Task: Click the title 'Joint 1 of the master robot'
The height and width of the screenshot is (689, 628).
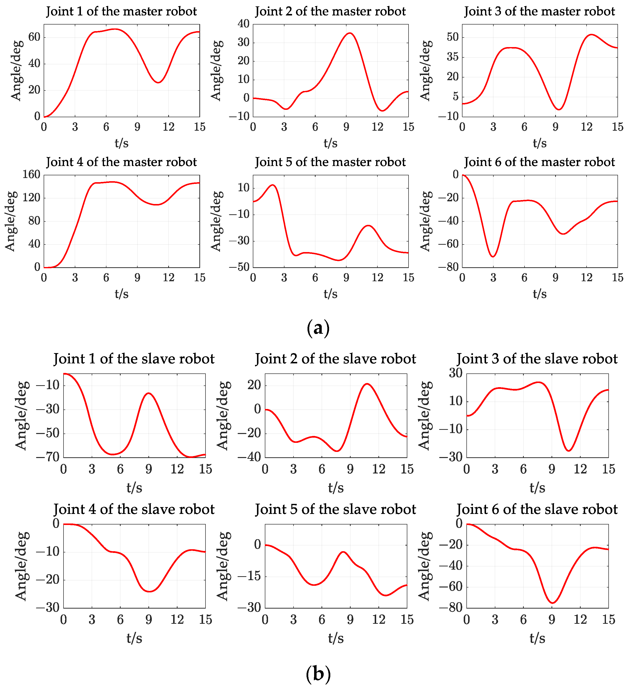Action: (121, 11)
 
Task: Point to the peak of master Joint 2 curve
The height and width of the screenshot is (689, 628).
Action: (349, 33)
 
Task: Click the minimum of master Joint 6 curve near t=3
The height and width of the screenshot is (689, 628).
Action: (493, 256)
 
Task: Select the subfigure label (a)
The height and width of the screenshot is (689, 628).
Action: (318, 328)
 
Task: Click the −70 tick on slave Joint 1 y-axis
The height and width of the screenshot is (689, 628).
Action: (47, 457)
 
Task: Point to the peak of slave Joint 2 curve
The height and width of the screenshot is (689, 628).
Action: (367, 384)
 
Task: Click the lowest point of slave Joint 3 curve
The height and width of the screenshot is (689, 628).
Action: (568, 451)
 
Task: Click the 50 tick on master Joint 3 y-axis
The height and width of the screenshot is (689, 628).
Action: (453, 37)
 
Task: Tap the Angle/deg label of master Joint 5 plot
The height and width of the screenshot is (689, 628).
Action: (216, 221)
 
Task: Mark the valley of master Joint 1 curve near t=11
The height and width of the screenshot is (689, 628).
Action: (158, 82)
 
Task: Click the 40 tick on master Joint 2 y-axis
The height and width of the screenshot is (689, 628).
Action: (244, 24)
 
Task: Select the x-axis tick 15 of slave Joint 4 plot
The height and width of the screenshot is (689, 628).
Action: (205, 620)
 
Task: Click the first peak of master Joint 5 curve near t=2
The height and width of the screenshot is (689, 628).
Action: (273, 185)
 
